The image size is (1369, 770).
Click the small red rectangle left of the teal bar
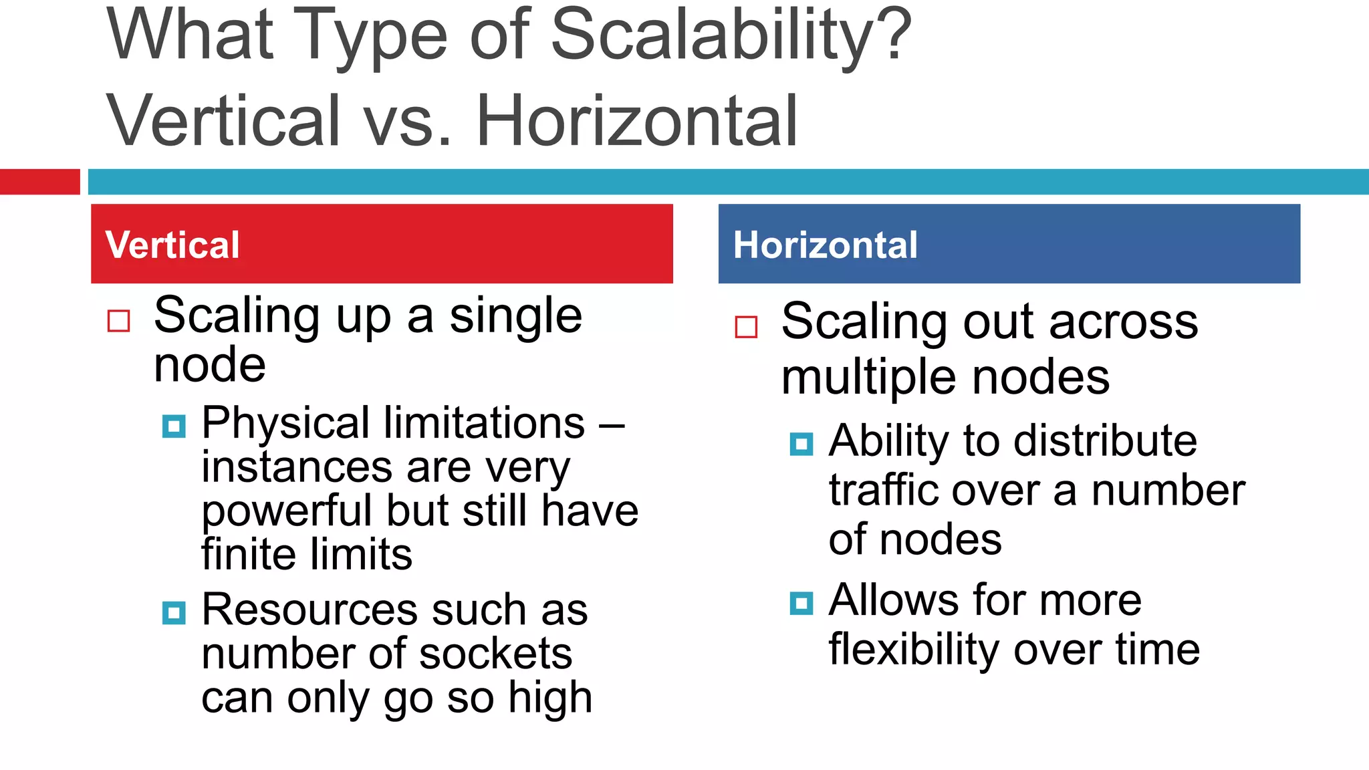[x=39, y=182]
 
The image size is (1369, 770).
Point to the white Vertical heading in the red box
[x=172, y=245]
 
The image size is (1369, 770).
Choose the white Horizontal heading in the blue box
[x=825, y=245]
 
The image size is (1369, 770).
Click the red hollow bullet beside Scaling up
[x=119, y=321]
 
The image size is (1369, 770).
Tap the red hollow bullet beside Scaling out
[x=746, y=327]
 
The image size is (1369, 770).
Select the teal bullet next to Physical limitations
[x=174, y=426]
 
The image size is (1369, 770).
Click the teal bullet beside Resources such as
[x=174, y=613]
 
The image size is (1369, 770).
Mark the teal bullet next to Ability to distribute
[x=801, y=444]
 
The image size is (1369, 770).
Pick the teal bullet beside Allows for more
[x=801, y=603]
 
